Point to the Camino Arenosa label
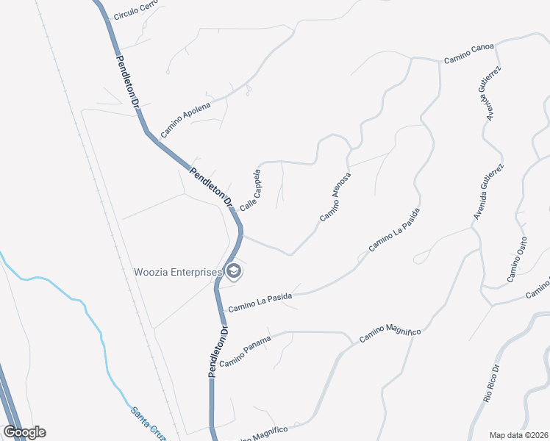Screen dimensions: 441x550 [x=335, y=197]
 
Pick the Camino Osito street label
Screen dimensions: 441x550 [x=517, y=260]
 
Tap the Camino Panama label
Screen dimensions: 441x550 [x=245, y=351]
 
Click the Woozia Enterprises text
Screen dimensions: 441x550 [x=177, y=272]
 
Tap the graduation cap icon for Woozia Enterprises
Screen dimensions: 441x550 [x=234, y=272]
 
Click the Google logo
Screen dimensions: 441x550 [x=24, y=431]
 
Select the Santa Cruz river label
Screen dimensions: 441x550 [x=147, y=423]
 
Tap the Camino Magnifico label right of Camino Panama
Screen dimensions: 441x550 [x=390, y=335]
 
